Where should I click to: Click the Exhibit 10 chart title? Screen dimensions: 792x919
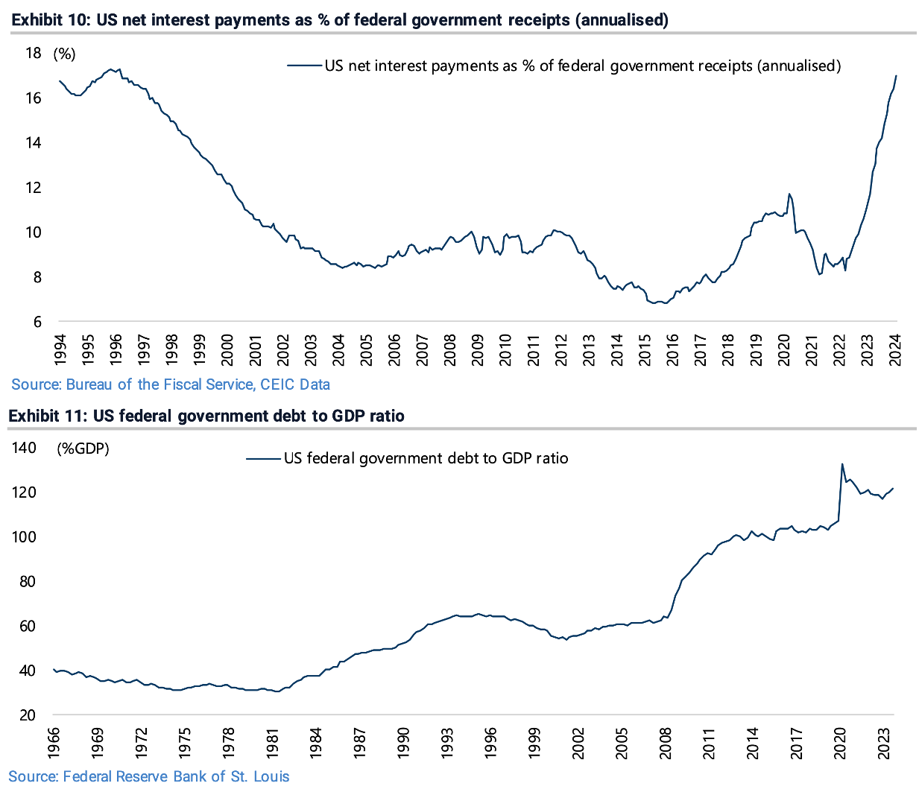[x=340, y=20]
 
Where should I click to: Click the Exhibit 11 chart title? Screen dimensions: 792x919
[x=206, y=416]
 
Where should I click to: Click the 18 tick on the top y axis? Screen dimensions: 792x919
[x=33, y=53]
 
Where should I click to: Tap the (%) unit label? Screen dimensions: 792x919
[x=64, y=54]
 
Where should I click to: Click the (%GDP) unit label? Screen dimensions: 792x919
[x=83, y=449]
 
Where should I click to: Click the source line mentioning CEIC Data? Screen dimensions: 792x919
[x=171, y=384]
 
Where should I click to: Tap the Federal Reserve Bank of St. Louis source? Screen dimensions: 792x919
[x=149, y=776]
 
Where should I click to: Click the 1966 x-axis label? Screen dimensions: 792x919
[x=54, y=743]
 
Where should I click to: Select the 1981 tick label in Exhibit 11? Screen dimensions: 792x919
[x=273, y=743]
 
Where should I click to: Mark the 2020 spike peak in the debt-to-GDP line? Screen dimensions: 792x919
[x=842, y=464]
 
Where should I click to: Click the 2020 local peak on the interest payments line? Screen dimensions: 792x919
[x=789, y=194]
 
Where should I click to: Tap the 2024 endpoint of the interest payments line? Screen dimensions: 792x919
[x=896, y=75]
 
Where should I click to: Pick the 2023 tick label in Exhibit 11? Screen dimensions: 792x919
[x=885, y=743]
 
